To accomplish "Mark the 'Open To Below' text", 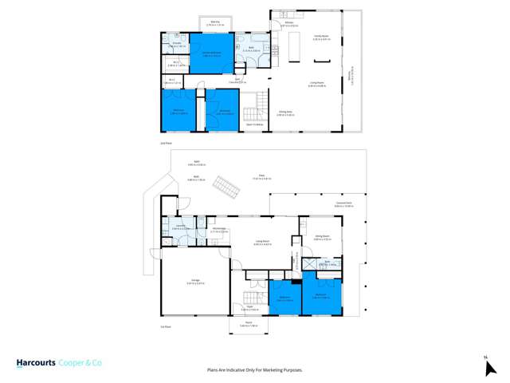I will [x=254, y=124].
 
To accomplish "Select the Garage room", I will [x=194, y=282].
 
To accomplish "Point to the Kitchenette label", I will [x=220, y=229].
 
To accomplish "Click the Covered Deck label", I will [x=344, y=205].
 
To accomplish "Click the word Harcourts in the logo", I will [x=36, y=363].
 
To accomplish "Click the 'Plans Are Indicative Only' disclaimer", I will [x=255, y=370].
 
